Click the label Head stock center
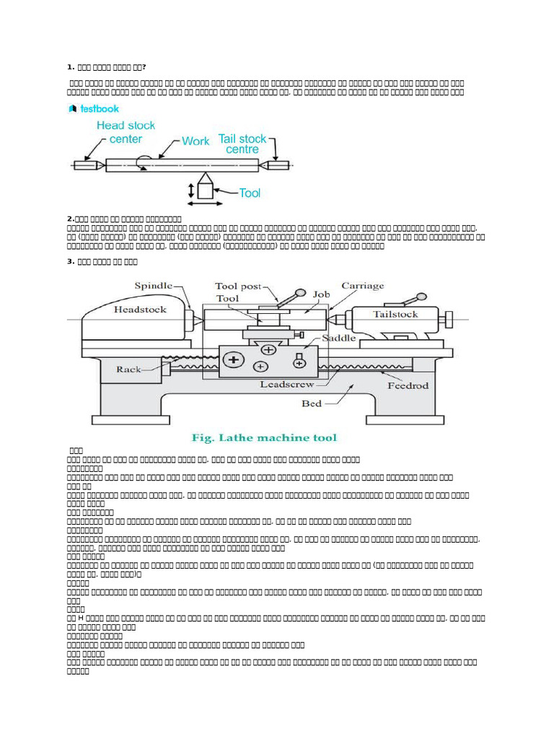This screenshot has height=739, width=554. coord(126,131)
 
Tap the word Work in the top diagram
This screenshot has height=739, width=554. coord(195,141)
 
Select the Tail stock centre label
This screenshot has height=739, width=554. coord(242,144)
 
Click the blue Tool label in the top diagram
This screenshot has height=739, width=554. coord(250,193)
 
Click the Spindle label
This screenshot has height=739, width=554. coord(154,287)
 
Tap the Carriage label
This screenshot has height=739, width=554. coord(363,286)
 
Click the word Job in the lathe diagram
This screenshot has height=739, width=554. coord(321,294)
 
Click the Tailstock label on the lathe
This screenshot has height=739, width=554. coord(395,314)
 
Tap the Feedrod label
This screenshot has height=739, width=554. coord(408,385)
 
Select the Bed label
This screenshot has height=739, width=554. coord(312,403)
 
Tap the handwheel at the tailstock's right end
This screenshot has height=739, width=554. coord(448,318)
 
